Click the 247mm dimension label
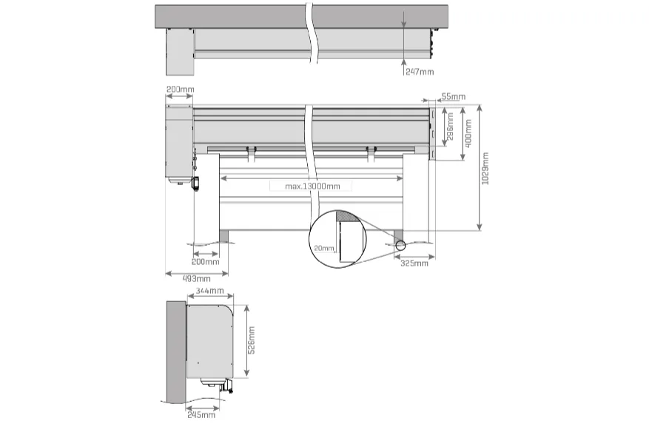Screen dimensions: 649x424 coord(420,72)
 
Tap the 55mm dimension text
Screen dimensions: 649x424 coord(453,96)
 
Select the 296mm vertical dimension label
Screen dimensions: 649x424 coord(451,127)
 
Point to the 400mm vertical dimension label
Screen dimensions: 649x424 coord(468,132)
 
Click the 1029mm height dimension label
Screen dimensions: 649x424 coord(485,169)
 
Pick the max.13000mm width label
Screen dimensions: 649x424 coord(312,186)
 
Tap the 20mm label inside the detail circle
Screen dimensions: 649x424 coord(324,248)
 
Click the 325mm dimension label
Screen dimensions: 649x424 coord(414,263)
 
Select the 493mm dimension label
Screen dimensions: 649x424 coord(196,279)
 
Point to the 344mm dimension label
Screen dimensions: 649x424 coord(210,291)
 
